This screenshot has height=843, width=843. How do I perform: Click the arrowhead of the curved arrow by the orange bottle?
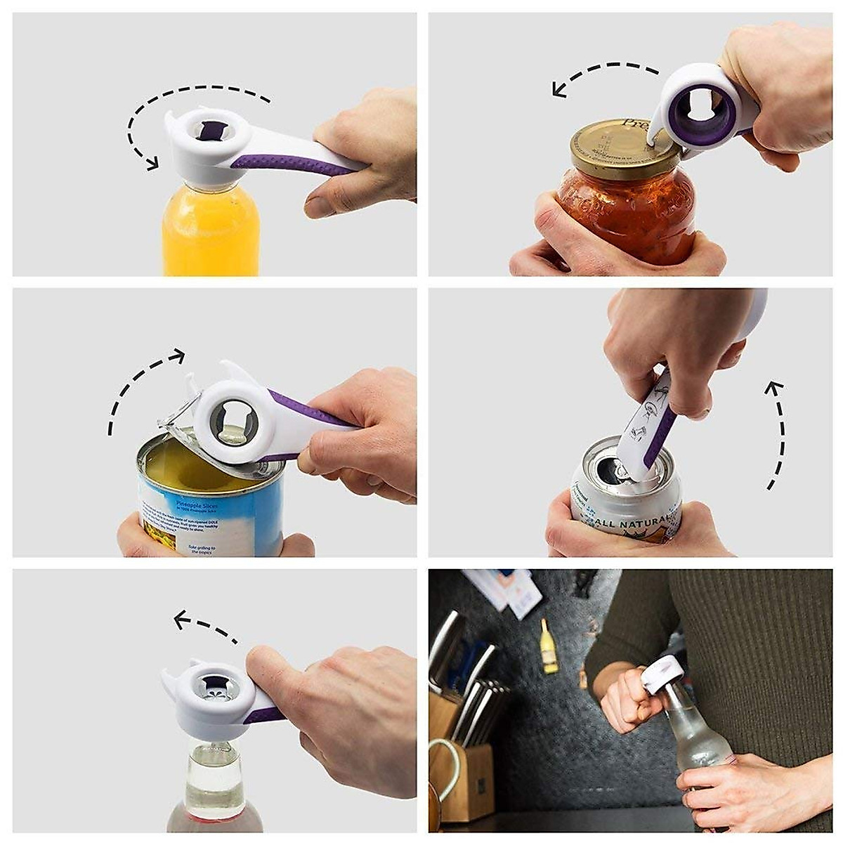(150, 163)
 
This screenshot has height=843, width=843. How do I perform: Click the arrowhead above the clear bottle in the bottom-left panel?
(181, 620)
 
